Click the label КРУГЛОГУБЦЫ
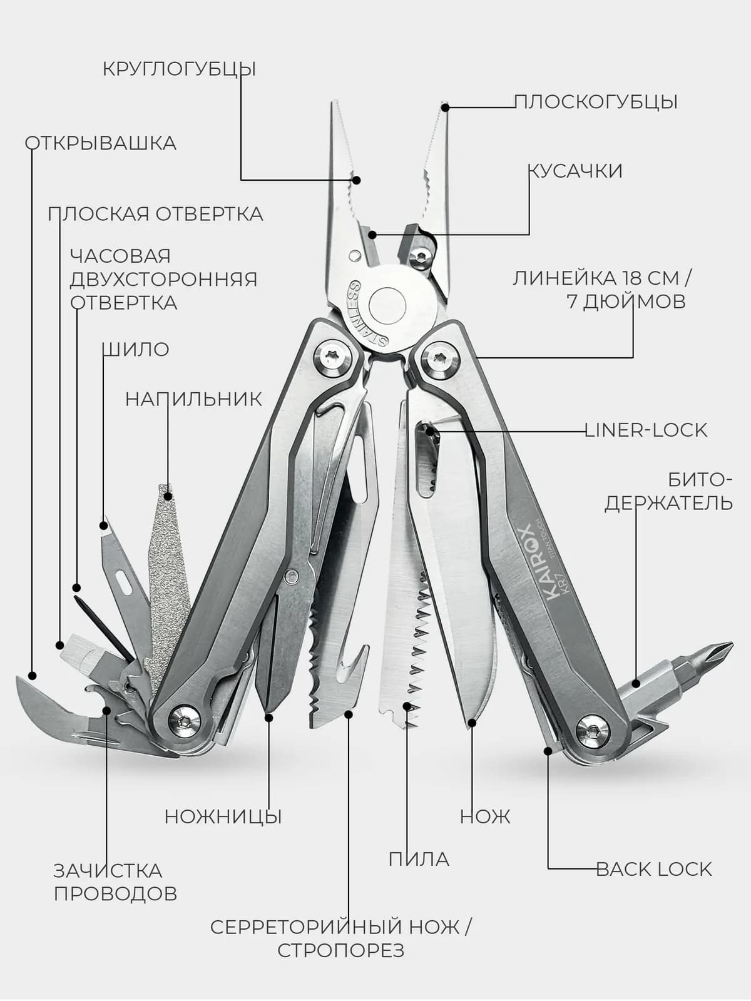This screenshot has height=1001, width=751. [179, 69]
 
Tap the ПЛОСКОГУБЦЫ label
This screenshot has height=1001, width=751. [596, 102]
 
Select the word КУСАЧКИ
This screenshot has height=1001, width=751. [575, 171]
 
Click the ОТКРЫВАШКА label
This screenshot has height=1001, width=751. [101, 143]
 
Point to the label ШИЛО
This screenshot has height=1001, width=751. [135, 350]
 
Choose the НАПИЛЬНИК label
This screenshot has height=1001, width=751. [194, 399]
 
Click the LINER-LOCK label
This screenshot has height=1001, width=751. [646, 430]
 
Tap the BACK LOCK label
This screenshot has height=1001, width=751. [654, 869]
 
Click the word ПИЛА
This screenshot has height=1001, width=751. [419, 859]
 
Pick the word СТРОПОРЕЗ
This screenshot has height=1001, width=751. [340, 951]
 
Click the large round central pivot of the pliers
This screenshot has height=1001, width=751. [388, 305]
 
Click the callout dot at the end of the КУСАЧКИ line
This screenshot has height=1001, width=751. [372, 235]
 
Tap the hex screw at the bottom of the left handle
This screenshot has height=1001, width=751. [185, 721]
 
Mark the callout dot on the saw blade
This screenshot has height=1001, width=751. [407, 706]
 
